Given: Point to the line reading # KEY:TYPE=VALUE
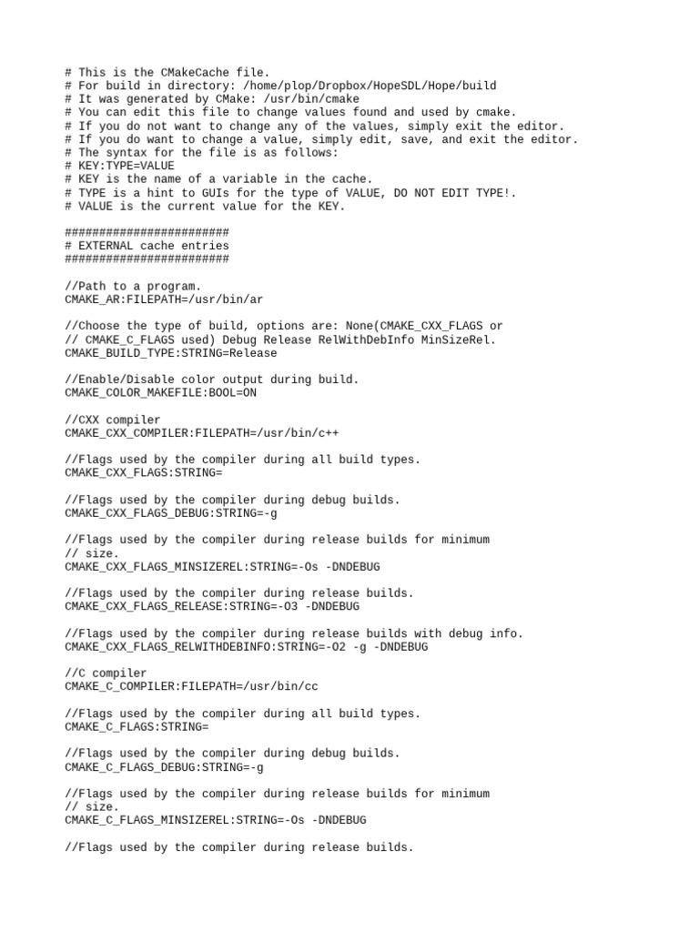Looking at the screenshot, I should coord(119,166).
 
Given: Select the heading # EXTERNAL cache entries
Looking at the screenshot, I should coord(147,246).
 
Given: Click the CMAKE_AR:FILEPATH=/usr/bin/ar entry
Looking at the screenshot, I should coord(164,299).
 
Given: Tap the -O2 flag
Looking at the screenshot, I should coord(315,646).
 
